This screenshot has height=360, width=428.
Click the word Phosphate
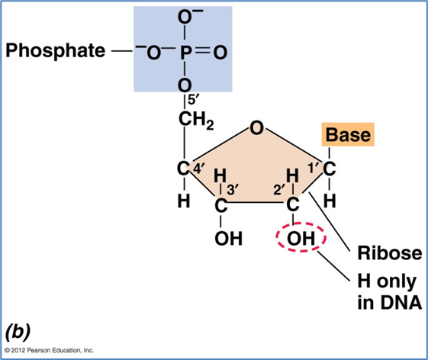coord(56,51)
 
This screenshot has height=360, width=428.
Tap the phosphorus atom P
coord(185,52)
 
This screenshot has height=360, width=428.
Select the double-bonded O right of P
coord(220,52)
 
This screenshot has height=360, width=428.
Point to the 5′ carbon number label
coord(191,100)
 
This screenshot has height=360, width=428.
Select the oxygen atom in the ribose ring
coord(256,128)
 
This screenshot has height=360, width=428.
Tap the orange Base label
coord(348,134)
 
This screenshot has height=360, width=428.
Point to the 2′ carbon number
coord(279,189)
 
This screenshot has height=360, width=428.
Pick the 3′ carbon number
coord(233,189)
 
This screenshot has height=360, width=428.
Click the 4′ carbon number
coord(198,169)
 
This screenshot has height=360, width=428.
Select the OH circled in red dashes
coord(301,238)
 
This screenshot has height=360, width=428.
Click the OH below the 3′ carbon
coord(228,238)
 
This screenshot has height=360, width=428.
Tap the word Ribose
coord(390,253)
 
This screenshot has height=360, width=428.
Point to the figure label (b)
coord(18,332)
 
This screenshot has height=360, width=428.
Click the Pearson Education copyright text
coord(49,350)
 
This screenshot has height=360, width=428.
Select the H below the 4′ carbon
coord(184,201)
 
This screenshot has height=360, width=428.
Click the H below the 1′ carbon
coord(330,201)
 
